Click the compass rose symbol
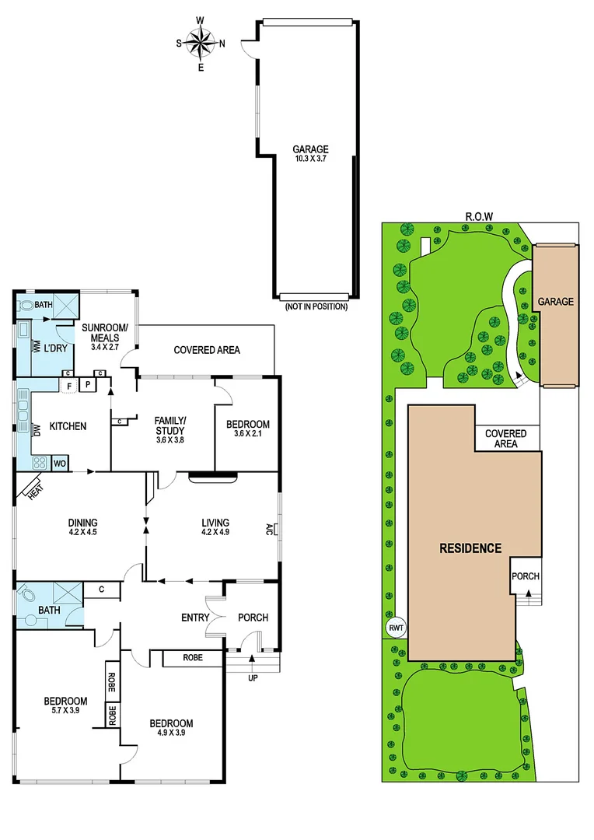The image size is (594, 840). [201, 43]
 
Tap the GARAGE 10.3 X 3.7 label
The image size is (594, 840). [310, 154]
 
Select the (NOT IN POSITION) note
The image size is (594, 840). [316, 306]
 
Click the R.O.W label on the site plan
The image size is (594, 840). [480, 216]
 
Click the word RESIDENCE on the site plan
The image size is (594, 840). [470, 548]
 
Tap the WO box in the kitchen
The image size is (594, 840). [59, 464]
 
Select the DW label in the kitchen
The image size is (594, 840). [37, 429]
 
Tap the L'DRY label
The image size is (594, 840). [54, 347]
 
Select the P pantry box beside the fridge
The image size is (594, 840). [89, 384]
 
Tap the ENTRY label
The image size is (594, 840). [195, 618]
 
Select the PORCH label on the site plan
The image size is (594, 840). [526, 576]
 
